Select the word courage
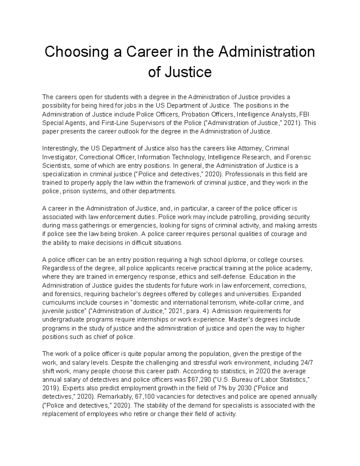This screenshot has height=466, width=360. click(x=280, y=234)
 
